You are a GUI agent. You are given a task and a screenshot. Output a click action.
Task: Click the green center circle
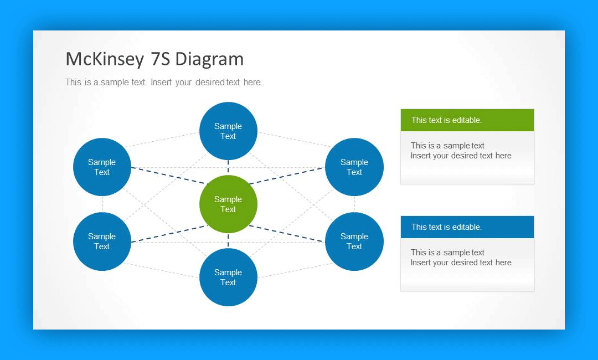coord(228,204)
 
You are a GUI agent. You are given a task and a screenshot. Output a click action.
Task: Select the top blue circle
coord(228,131)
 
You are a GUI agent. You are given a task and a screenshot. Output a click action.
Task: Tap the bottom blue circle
coord(228,277)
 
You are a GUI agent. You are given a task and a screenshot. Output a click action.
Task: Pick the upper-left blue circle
coord(102,167)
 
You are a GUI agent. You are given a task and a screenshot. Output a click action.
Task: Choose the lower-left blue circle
coord(102,241)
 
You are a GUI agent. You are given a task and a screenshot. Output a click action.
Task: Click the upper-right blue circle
coord(354,167)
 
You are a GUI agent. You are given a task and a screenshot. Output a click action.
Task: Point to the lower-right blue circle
coord(354,241)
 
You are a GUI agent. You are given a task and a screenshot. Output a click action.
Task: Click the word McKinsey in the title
coord(105,59)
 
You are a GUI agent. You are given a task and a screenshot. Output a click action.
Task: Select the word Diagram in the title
coord(209,59)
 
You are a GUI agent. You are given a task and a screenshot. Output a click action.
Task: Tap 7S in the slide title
coord(160,59)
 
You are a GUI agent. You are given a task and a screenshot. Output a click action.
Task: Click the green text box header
coord(467,120)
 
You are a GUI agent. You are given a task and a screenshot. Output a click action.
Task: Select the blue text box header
coord(467,227)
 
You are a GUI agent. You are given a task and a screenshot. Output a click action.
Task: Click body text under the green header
coord(461,151)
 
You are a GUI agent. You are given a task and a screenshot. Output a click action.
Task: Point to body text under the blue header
coord(461,258)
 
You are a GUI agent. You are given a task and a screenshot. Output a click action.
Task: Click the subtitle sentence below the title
coord(164,83)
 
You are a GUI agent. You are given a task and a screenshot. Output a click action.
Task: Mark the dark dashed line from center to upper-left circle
coord(169,176)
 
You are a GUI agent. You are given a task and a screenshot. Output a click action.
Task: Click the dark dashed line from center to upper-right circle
coord(287,176)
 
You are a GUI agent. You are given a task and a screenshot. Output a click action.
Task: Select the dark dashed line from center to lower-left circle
coord(169,233)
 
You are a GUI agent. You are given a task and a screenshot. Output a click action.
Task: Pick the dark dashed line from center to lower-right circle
coord(287,233)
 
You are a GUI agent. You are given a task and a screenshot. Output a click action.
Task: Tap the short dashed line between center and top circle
coord(228,167)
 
